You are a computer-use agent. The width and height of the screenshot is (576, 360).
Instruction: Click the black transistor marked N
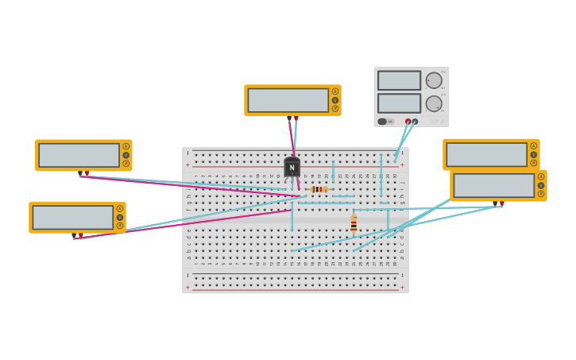pyautogui.click(x=292, y=167)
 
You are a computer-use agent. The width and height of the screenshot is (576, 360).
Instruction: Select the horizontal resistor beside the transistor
pyautogui.click(x=319, y=189)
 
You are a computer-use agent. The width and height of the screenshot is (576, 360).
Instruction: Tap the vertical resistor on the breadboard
pyautogui.click(x=354, y=223)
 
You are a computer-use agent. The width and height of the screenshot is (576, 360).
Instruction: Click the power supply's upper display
pyautogui.click(x=399, y=80)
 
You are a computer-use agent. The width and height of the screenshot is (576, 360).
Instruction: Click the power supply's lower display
pyautogui.click(x=399, y=103)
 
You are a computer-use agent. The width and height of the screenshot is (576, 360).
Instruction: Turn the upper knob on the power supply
pyautogui.click(x=434, y=80)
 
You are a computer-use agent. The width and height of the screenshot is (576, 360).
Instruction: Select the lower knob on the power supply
pyautogui.click(x=434, y=103)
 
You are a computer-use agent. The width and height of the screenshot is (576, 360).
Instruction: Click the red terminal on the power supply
pyautogui.click(x=408, y=122)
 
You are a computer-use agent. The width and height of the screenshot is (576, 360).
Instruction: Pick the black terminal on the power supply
pyautogui.click(x=415, y=122)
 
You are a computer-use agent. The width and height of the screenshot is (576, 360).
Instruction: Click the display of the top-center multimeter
pyautogui.click(x=288, y=100)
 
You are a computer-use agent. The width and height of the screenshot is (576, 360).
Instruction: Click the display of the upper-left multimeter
pyautogui.click(x=79, y=155)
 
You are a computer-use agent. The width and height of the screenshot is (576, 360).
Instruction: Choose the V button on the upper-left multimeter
pyautogui.click(x=126, y=155)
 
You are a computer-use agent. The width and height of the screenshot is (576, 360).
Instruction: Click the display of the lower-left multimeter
pyautogui.click(x=72, y=217)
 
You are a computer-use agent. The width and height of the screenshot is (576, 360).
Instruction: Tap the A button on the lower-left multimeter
pyautogui.click(x=120, y=209)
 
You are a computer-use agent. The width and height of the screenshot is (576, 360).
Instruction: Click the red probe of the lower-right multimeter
pyautogui.click(x=501, y=203)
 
